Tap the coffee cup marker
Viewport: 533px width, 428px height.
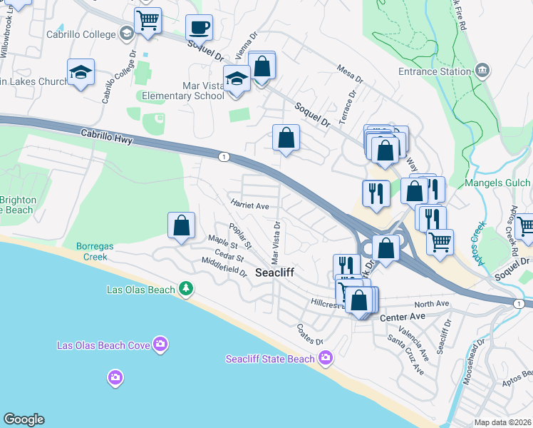[x=199, y=28]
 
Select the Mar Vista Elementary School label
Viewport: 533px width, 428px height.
[x=183, y=91]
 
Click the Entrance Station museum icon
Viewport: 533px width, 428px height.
[x=482, y=70]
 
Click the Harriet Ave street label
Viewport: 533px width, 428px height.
[x=249, y=205]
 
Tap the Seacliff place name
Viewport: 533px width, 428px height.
[x=275, y=272]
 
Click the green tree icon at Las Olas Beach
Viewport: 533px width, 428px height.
[x=186, y=288]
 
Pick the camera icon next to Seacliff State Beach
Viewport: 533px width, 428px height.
[x=325, y=357]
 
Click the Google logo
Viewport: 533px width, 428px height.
[x=24, y=419]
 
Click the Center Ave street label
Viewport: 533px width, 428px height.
[x=402, y=317]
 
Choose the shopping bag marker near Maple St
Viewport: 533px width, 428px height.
[x=182, y=225]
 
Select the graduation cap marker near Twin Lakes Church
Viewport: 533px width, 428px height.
[x=81, y=72]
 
